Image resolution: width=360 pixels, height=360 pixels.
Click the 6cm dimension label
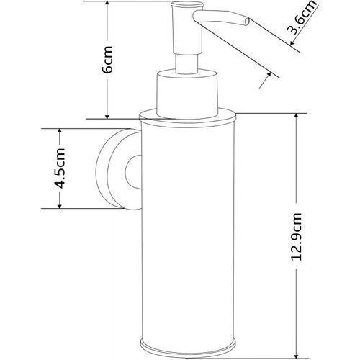[x=107, y=59]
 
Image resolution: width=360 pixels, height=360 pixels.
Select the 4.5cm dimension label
[x=59, y=168]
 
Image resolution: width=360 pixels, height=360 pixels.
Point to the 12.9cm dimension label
[x=296, y=236]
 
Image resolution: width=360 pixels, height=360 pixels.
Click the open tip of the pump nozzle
[x=247, y=22]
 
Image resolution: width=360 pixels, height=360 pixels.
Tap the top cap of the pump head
[x=187, y=5]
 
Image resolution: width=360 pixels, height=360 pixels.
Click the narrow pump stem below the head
[x=187, y=63]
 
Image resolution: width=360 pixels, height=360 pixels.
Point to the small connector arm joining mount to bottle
[x=133, y=171]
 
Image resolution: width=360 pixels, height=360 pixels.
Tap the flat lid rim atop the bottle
[x=188, y=116]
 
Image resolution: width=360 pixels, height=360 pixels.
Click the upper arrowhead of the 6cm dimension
[x=107, y=4]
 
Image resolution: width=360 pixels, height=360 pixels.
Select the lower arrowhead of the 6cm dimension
[x=107, y=116]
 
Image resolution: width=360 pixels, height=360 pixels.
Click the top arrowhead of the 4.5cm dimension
[x=60, y=131]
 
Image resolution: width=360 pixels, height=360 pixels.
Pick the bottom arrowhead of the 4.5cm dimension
[x=60, y=206]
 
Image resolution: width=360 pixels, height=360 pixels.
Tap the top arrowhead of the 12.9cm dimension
[x=297, y=116]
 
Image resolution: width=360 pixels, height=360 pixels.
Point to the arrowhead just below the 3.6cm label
[x=292, y=42]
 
